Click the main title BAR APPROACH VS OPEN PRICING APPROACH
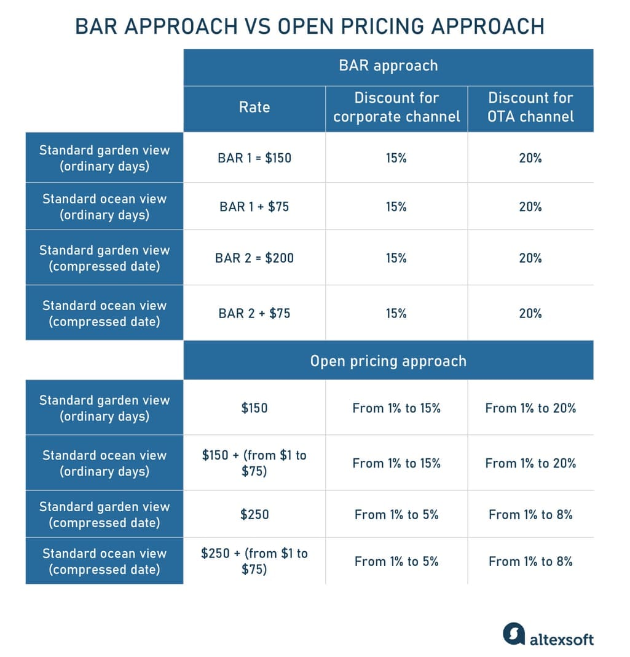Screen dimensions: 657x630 (x=310, y=26)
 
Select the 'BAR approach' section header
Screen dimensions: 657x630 (x=388, y=66)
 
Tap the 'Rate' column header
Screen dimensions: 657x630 (x=254, y=107)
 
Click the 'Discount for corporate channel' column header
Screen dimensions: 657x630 (x=396, y=107)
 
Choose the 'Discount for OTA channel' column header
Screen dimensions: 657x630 (x=530, y=107)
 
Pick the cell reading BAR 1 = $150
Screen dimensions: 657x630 (x=254, y=158)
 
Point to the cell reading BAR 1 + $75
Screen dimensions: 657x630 (x=254, y=207)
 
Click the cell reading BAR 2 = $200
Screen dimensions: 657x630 (x=254, y=258)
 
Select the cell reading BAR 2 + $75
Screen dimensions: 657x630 (x=254, y=313)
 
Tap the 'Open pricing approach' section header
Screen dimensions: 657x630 (x=388, y=361)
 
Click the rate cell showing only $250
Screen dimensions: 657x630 (x=254, y=514)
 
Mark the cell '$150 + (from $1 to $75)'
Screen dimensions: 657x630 (x=254, y=463)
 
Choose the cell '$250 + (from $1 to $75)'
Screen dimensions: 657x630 (x=254, y=561)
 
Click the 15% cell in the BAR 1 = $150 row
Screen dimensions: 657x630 (x=396, y=158)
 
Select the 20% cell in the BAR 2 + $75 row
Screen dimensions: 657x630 (x=530, y=313)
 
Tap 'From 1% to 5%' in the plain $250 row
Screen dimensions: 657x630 (x=396, y=514)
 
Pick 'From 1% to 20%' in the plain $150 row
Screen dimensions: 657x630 (x=530, y=408)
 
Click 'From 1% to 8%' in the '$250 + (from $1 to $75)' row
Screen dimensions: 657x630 (x=530, y=561)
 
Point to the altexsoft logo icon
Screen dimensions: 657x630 (x=514, y=634)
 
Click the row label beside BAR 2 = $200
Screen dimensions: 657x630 (x=104, y=258)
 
